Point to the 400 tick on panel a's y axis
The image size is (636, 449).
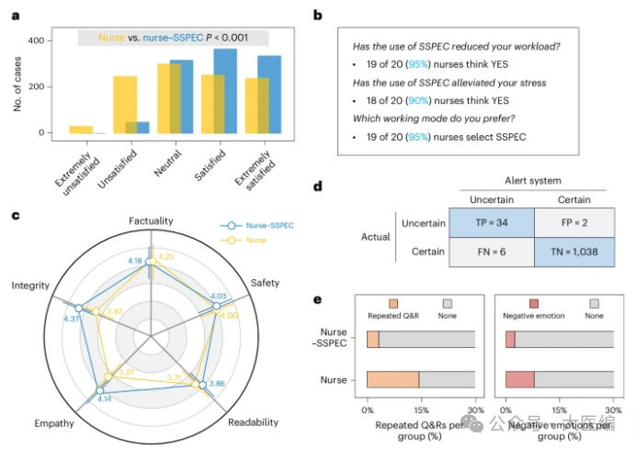coord(36,40)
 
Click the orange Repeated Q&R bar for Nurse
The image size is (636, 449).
coord(392,378)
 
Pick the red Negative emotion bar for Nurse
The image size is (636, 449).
coord(519,378)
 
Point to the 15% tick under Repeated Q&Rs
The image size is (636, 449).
coord(421,410)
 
